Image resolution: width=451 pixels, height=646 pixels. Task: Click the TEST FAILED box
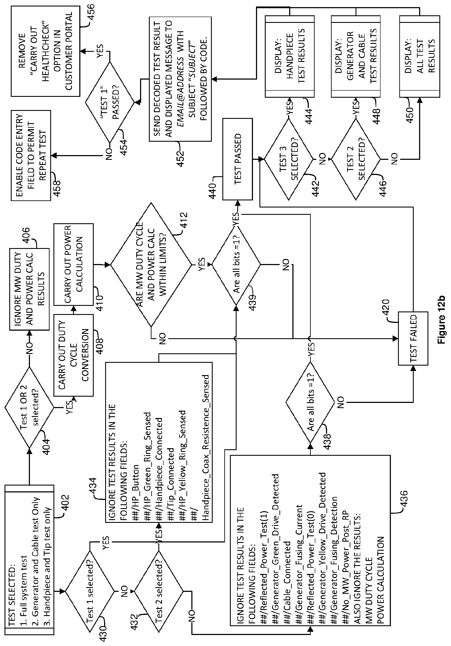coord(413,338)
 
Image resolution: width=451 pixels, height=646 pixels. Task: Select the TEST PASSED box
coord(237,159)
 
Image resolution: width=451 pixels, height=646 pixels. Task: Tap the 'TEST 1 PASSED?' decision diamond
coord(110,102)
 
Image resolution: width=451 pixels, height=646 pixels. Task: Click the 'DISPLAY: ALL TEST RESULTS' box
coord(420,56)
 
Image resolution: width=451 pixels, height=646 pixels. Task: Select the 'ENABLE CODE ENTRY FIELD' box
coord(31,155)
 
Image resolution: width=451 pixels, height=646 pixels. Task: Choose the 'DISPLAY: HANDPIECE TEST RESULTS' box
coord(290,56)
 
